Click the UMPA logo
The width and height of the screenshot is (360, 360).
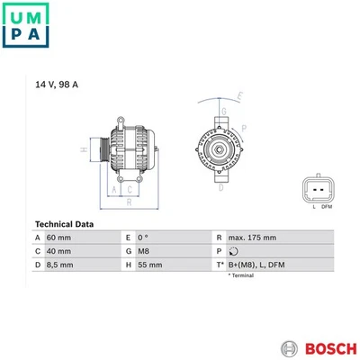pos(25,25)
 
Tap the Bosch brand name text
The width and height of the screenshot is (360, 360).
pos(331,348)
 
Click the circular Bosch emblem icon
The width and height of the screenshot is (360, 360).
pos(290,349)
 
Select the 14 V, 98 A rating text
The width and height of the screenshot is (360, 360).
pos(57,85)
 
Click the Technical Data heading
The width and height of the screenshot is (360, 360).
pos(64,224)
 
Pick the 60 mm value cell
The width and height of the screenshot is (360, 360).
pos(58,238)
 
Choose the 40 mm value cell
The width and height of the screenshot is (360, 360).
pos(58,251)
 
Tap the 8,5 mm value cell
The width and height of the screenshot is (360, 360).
pos(60,265)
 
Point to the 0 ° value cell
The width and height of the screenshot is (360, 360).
pos(143,238)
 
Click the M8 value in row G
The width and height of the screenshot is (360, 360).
pos(143,251)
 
